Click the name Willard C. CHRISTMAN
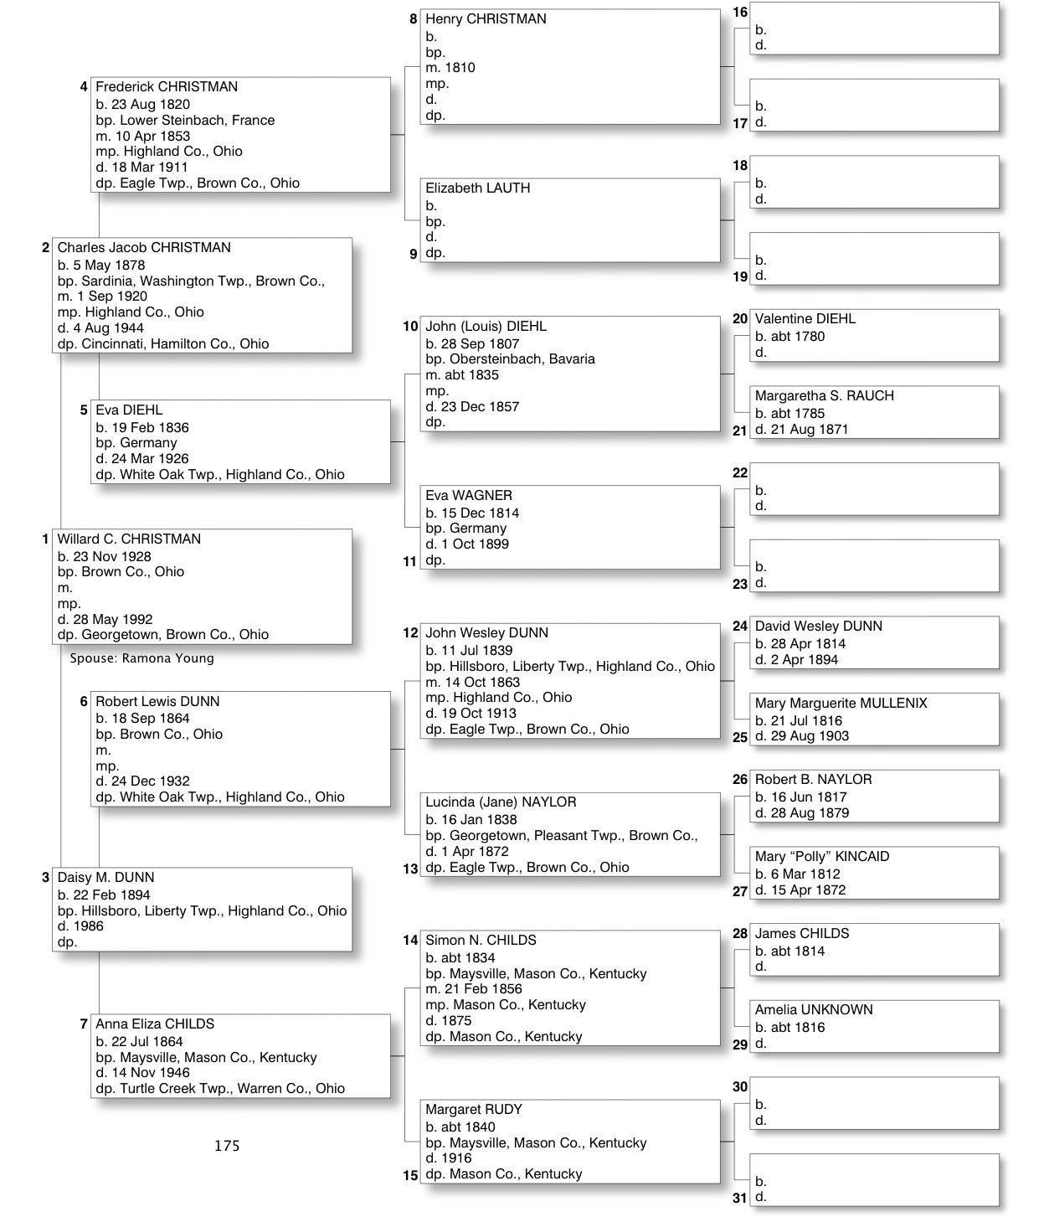129,539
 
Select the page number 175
227,1145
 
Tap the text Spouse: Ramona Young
141,658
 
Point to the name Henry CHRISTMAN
486,18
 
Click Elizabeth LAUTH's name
477,188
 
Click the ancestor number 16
740,12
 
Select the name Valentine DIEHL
805,318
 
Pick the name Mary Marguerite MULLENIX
841,703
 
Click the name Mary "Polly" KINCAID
821,856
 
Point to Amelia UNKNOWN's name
813,1009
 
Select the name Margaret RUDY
474,1109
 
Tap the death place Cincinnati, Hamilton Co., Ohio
175,343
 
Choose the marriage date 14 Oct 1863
484,682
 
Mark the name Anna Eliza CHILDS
155,1024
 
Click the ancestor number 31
740,1198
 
